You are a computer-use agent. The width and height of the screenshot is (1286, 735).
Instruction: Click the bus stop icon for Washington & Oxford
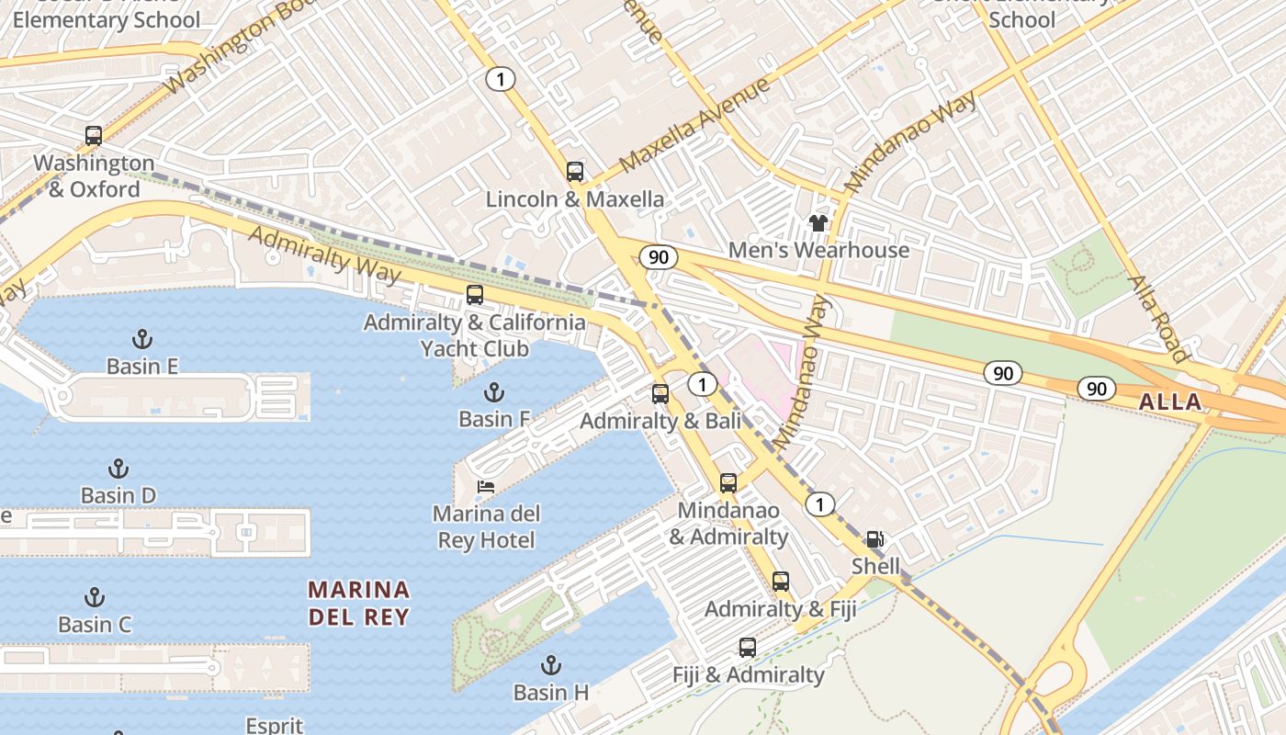[x=94, y=136]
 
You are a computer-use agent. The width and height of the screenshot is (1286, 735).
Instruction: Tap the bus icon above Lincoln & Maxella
[x=575, y=172]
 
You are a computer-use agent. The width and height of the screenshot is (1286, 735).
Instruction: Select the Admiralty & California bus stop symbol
[x=475, y=295]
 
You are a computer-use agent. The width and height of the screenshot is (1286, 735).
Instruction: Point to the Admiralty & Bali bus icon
[x=660, y=394]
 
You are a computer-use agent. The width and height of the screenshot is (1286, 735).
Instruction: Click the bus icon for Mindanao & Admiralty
[x=728, y=482]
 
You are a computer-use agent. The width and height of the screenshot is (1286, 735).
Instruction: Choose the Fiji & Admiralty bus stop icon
[x=748, y=648]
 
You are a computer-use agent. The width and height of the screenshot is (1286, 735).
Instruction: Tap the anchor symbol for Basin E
[x=141, y=339]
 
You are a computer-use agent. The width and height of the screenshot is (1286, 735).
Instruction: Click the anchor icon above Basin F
[x=494, y=392]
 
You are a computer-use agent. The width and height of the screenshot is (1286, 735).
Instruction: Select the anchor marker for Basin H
[x=551, y=664]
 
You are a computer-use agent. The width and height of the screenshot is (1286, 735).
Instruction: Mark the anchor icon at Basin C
[x=95, y=597]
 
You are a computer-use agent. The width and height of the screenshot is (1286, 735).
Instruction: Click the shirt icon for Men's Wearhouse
[x=818, y=222]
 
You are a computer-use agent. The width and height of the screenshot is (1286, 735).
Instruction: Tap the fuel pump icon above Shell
[x=875, y=539]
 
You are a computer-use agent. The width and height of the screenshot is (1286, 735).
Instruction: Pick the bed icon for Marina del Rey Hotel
[x=486, y=487]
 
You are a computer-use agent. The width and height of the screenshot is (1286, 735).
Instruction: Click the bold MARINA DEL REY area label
[x=358, y=603]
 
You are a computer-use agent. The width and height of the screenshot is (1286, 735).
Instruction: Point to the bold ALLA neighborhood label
[x=1170, y=401]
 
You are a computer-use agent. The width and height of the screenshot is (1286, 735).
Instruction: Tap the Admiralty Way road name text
[x=324, y=254]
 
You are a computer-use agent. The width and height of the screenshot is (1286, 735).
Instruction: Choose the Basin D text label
[x=118, y=495]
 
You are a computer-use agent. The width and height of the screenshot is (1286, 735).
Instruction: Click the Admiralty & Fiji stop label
[x=780, y=608]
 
